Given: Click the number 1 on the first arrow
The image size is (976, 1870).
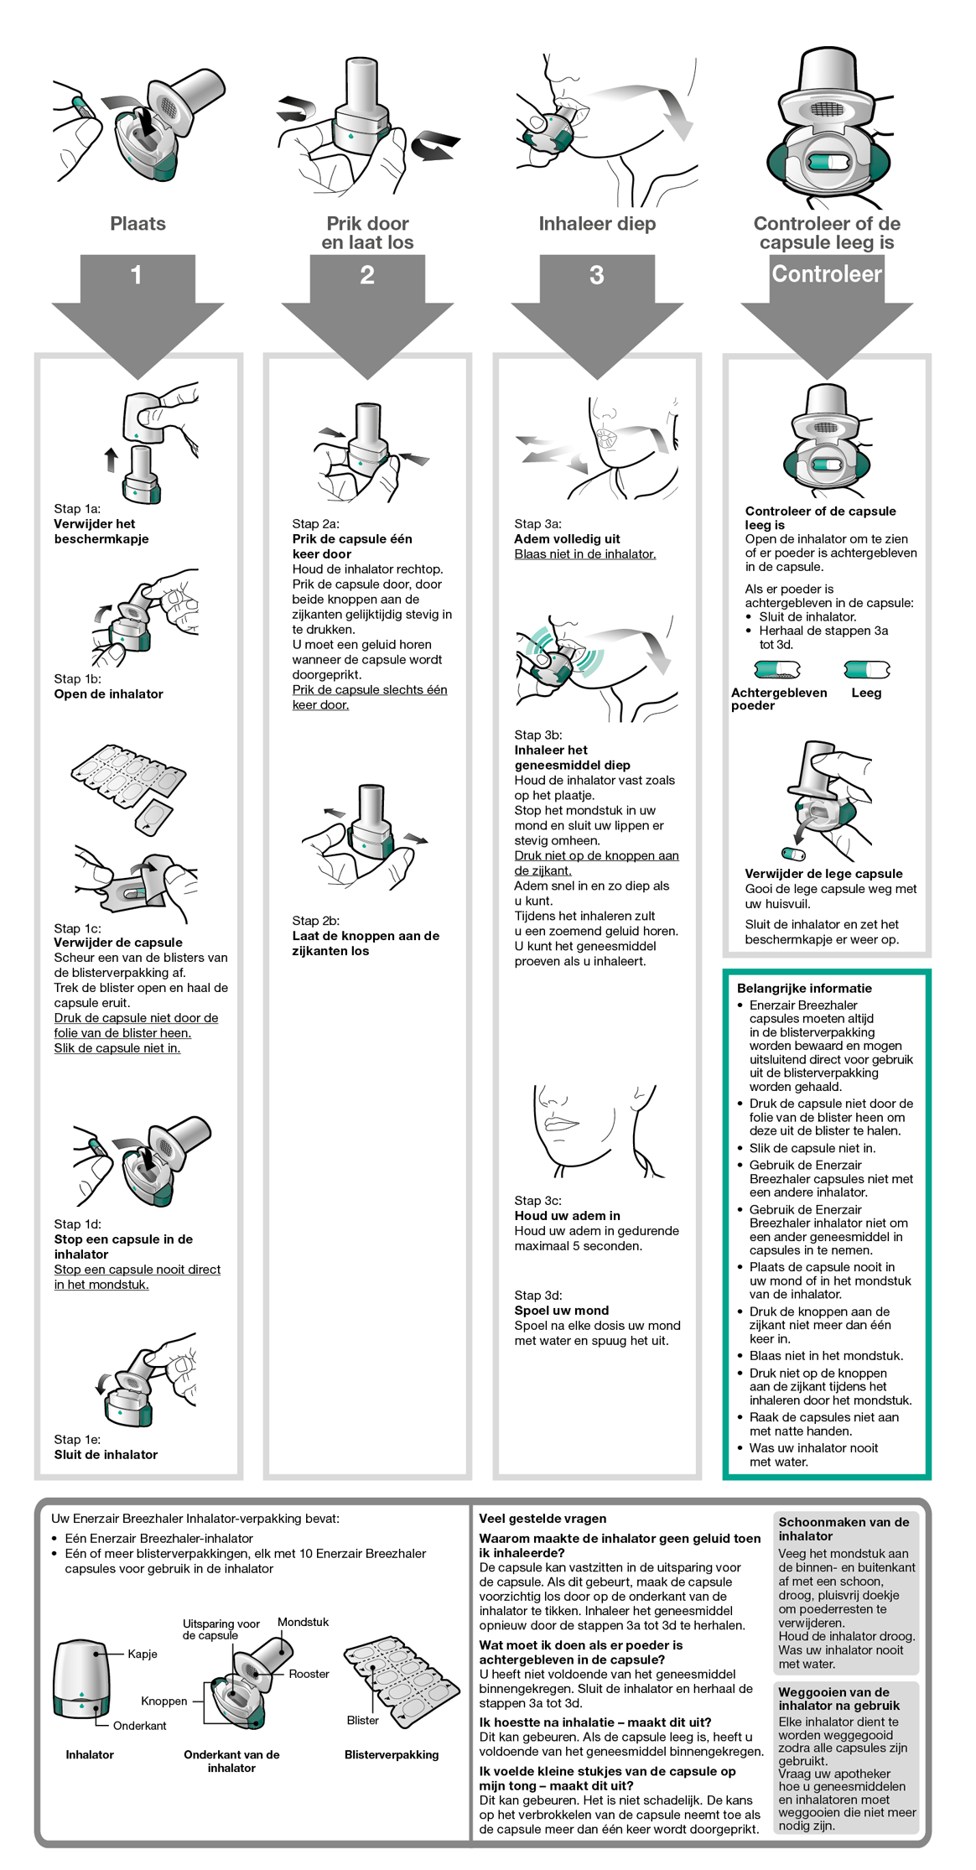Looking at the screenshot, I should pyautogui.click(x=137, y=275).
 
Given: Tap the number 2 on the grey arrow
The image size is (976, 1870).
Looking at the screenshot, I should pyautogui.click(x=367, y=275).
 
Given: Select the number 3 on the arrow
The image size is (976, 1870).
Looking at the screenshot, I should pyautogui.click(x=596, y=275).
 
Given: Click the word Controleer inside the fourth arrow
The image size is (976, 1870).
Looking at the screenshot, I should pyautogui.click(x=826, y=274).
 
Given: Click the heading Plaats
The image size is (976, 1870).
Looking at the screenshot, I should pyautogui.click(x=138, y=224).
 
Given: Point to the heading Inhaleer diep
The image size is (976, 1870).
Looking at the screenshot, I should pyautogui.click(x=597, y=224).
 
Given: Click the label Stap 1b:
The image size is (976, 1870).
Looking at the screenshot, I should pyautogui.click(x=77, y=678).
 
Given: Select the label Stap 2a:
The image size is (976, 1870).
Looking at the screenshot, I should pyautogui.click(x=315, y=524).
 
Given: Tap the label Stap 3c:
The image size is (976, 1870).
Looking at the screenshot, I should pyautogui.click(x=537, y=1201).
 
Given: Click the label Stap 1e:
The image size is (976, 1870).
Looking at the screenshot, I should pyautogui.click(x=77, y=1439).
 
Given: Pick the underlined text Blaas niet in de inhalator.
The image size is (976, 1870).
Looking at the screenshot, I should pyautogui.click(x=584, y=554).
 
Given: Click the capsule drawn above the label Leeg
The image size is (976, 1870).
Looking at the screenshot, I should pyautogui.click(x=866, y=669).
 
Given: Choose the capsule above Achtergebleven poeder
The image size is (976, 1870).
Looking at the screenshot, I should pyautogui.click(x=777, y=669).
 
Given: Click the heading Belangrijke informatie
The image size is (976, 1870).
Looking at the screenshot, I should pyautogui.click(x=804, y=989).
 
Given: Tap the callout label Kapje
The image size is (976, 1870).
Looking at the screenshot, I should pyautogui.click(x=143, y=1654).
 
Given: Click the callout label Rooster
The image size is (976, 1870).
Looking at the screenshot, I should pyautogui.click(x=309, y=1674).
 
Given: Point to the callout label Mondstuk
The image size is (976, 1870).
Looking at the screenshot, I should pyautogui.click(x=303, y=1623).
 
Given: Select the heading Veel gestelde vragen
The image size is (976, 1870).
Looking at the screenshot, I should pyautogui.click(x=543, y=1519).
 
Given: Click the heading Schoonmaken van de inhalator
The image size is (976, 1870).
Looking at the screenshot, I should pyautogui.click(x=844, y=1529).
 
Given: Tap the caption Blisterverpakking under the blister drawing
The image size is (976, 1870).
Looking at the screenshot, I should pyautogui.click(x=392, y=1754).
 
